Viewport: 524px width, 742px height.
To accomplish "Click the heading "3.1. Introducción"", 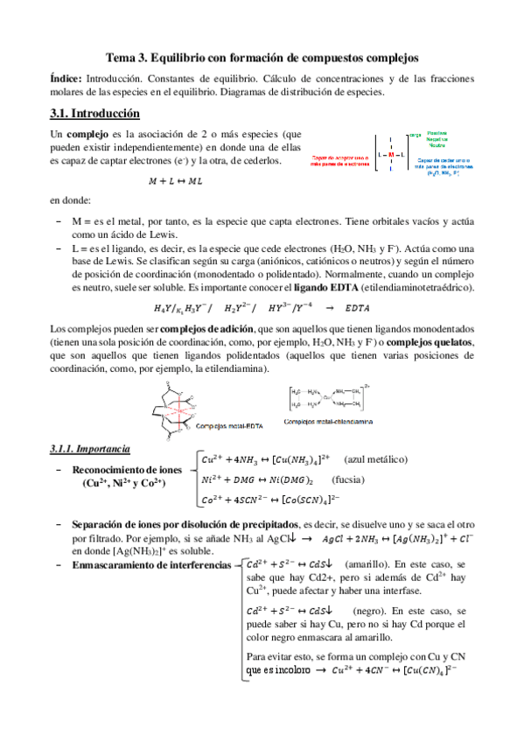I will [x=96, y=113].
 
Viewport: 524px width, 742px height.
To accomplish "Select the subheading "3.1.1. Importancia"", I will [x=91, y=448].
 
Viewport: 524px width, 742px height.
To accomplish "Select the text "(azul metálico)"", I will [x=375, y=459].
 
